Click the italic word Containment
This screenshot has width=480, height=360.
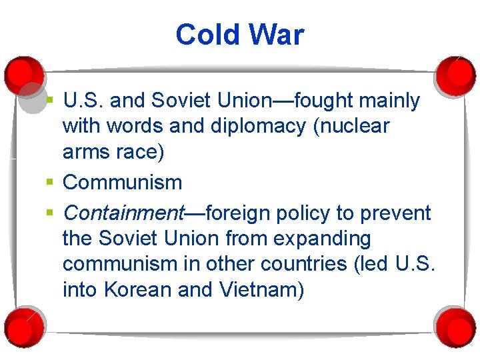click(123, 213)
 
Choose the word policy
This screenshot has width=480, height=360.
click(317, 213)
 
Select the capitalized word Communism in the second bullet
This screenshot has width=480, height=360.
click(122, 183)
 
